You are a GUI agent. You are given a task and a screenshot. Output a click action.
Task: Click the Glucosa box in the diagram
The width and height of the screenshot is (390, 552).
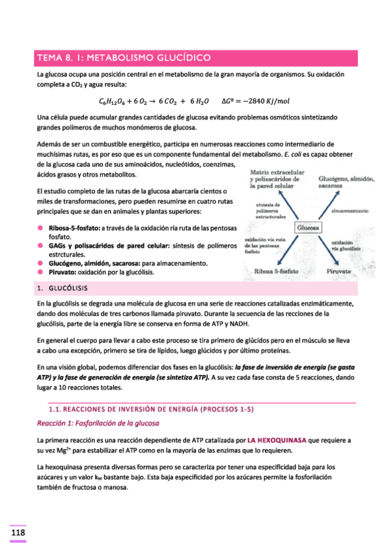(x=308, y=228)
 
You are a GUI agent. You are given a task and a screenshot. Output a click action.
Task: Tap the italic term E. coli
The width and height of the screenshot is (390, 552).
(x=296, y=154)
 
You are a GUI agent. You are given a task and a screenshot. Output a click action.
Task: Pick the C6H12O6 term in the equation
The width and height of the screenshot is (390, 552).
(x=113, y=102)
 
